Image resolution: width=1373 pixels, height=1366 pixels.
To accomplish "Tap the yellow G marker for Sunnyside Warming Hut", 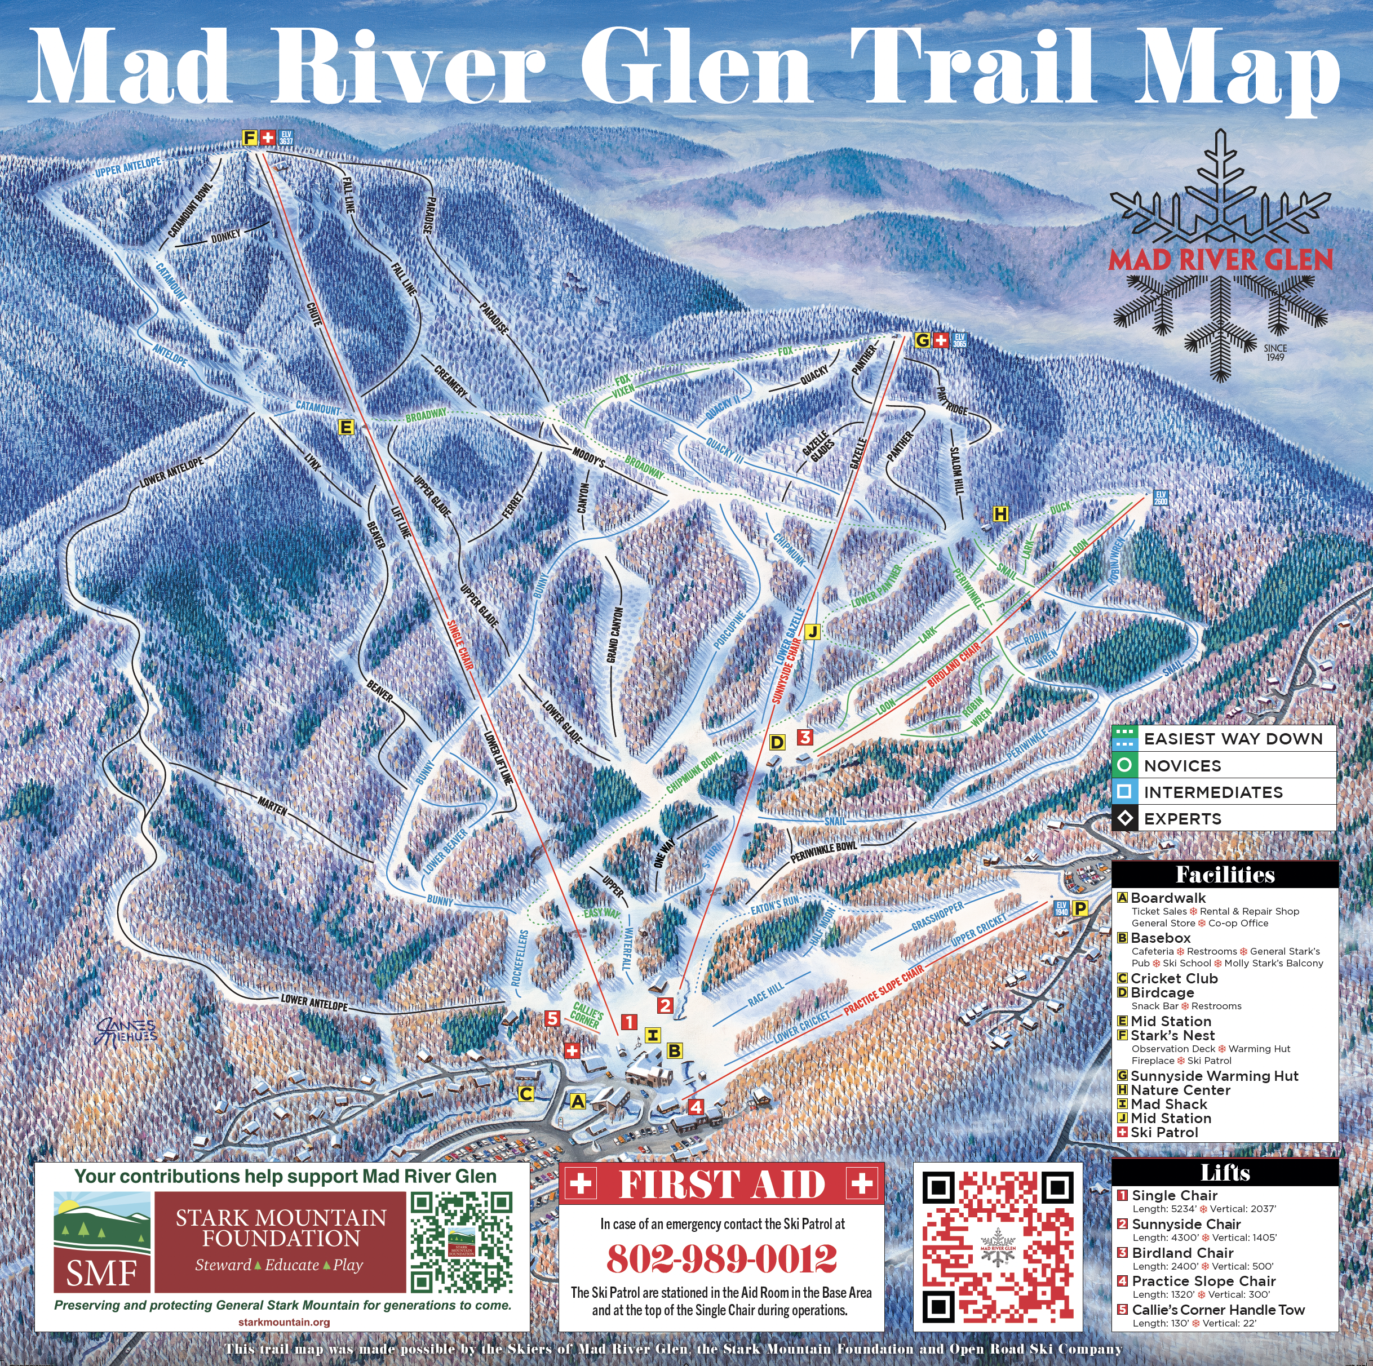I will click(x=923, y=340).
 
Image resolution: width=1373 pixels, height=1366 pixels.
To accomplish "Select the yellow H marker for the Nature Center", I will click(x=1000, y=514).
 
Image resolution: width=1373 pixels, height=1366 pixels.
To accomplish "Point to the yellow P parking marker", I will click(x=1079, y=908).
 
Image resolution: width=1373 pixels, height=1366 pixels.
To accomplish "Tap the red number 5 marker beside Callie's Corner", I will click(x=552, y=1018).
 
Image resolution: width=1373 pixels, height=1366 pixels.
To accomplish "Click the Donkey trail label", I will click(x=225, y=237).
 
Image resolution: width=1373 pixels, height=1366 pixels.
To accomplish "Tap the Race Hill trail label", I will click(x=765, y=994).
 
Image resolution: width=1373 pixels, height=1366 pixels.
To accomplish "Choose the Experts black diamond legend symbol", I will click(x=1125, y=818).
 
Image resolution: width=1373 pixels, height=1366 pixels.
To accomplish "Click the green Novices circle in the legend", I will click(x=1125, y=765).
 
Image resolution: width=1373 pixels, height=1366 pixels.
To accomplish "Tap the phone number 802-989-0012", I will click(x=721, y=1259).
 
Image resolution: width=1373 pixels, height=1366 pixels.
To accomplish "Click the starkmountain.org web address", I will click(x=284, y=1323).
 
